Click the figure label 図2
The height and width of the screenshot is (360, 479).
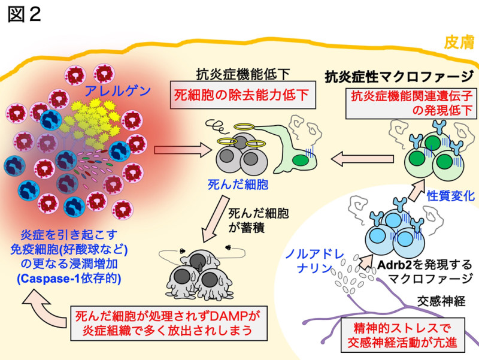(24, 14)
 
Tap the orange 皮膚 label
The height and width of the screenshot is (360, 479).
(459, 42)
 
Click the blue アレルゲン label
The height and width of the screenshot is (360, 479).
(117, 91)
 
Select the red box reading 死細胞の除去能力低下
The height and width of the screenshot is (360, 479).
(242, 95)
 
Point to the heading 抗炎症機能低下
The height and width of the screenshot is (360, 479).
(242, 74)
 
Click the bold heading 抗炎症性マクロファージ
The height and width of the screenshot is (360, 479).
(399, 76)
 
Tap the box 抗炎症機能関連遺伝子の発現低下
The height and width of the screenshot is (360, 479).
(411, 103)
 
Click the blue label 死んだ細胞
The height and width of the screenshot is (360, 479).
(238, 184)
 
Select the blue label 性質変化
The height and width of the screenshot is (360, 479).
(451, 196)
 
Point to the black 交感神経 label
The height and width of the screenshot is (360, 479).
(441, 301)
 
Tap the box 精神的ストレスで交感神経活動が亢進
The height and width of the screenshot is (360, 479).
(402, 335)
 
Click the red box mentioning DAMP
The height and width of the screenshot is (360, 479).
(169, 323)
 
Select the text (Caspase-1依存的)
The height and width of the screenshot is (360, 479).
(69, 279)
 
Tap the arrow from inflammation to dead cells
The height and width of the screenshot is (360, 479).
(183, 150)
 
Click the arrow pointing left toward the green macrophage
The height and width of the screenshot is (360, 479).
(362, 159)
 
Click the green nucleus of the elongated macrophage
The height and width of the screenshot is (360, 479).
(301, 160)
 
